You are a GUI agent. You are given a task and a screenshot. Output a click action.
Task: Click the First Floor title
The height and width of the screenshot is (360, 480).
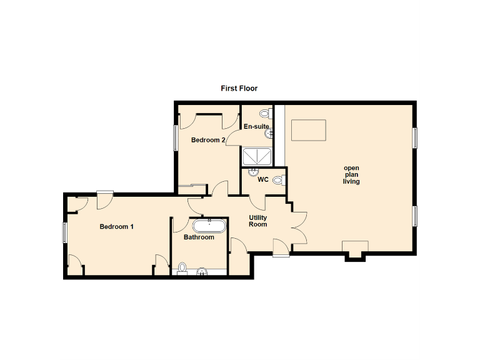(x=239, y=89)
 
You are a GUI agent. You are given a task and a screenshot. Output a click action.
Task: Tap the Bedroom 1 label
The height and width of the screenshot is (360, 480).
(x=117, y=227)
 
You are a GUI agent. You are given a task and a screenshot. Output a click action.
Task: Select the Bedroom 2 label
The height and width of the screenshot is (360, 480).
(x=208, y=140)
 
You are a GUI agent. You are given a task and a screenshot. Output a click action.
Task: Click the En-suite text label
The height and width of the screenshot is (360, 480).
(x=256, y=126)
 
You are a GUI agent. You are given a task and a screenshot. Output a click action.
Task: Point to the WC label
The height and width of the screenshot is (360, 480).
(x=263, y=179)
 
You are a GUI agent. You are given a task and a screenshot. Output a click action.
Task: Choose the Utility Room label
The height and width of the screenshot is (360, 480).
(x=258, y=221)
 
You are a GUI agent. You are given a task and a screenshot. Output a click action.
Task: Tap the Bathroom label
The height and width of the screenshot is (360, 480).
(x=199, y=237)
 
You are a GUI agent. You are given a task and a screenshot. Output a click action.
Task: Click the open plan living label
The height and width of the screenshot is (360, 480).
(x=351, y=175)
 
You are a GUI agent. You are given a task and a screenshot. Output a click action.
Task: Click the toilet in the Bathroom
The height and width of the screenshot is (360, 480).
(x=182, y=268)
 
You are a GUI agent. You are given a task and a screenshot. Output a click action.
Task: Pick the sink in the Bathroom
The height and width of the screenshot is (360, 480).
(x=202, y=271)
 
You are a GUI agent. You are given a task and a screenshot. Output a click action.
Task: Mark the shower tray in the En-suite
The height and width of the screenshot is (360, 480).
(x=256, y=157)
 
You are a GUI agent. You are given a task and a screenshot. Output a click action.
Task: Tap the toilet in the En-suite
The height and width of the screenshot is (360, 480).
(x=265, y=114)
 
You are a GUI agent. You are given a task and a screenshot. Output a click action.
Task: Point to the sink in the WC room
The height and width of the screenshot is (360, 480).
(x=254, y=171)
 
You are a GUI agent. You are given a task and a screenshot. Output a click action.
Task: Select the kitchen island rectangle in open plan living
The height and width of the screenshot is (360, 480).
(x=309, y=130)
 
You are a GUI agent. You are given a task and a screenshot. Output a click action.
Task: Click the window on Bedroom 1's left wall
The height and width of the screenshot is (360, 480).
(x=64, y=232)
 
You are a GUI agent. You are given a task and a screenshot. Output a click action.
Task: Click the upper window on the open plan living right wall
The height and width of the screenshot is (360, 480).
(x=414, y=137)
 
